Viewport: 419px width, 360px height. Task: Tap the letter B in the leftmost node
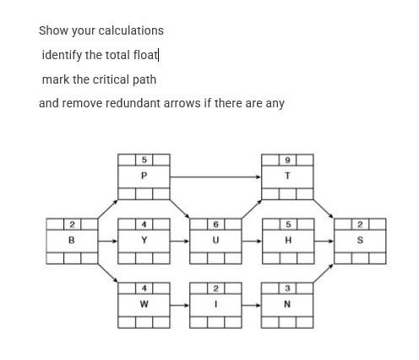pos(71,240)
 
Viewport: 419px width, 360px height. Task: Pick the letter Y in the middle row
pos(144,240)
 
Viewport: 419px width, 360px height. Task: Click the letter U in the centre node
pos(215,240)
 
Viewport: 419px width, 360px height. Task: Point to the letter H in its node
pos(288,240)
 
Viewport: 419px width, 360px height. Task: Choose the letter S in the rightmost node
pos(360,240)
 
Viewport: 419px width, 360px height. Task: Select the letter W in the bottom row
pos(144,304)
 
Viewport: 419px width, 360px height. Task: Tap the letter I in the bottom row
pos(215,304)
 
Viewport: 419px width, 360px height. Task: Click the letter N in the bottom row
pos(288,304)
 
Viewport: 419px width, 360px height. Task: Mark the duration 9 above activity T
pos(288,160)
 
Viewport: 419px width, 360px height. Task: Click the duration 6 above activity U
pos(215,224)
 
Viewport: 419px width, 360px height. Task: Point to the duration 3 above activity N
pos(288,288)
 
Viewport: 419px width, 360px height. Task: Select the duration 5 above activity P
pos(144,160)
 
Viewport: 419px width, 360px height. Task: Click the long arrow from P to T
pos(215,177)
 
